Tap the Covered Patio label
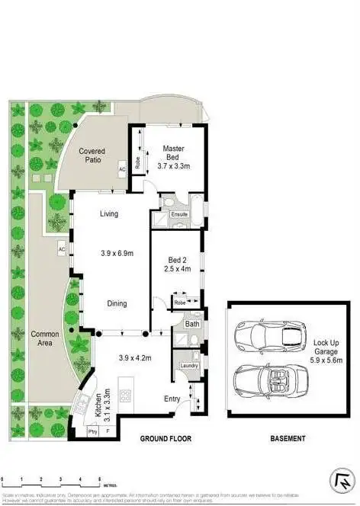point(101,155)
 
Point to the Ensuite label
point(179,214)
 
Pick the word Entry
point(172,398)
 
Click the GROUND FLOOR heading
point(165,439)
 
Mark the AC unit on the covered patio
point(121,169)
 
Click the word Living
point(109,214)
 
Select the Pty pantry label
point(92,431)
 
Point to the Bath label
point(191,324)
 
